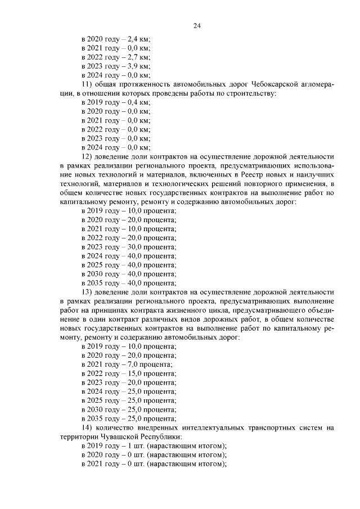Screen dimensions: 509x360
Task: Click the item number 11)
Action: click(x=89, y=84)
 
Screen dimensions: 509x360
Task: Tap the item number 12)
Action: click(x=89, y=156)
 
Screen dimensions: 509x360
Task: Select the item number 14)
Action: click(x=89, y=427)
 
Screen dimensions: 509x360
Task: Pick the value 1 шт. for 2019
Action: click(x=138, y=445)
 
